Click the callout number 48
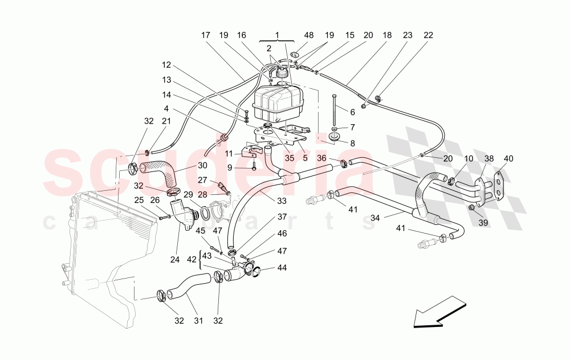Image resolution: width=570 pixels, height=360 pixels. point(308,35)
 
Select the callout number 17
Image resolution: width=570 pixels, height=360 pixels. point(206,35)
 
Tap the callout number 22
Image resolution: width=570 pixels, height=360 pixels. point(429,35)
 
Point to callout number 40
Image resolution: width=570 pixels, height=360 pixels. point(508,158)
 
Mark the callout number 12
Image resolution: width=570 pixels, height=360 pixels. point(166,65)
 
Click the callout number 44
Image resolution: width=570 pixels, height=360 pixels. point(283,268)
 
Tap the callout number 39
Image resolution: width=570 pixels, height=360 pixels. point(483,223)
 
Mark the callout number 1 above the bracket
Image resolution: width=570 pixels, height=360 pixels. point(278,35)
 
